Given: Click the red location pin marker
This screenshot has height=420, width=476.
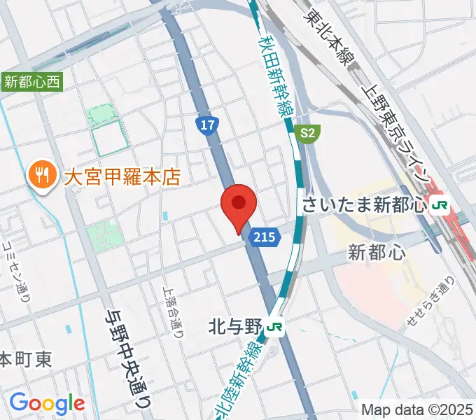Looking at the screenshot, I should [239, 205].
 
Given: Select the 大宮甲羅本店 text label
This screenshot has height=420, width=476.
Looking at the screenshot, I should [122, 176].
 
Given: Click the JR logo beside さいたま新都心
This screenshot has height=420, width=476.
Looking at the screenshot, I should [440, 206].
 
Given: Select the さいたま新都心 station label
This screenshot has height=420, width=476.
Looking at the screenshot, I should [365, 206].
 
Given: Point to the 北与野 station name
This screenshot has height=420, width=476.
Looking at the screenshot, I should [234, 326].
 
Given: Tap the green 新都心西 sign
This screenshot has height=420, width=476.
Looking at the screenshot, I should [32, 82].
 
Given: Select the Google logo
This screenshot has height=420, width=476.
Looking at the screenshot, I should [47, 403].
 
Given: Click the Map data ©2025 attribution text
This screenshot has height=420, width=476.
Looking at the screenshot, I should [417, 409].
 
